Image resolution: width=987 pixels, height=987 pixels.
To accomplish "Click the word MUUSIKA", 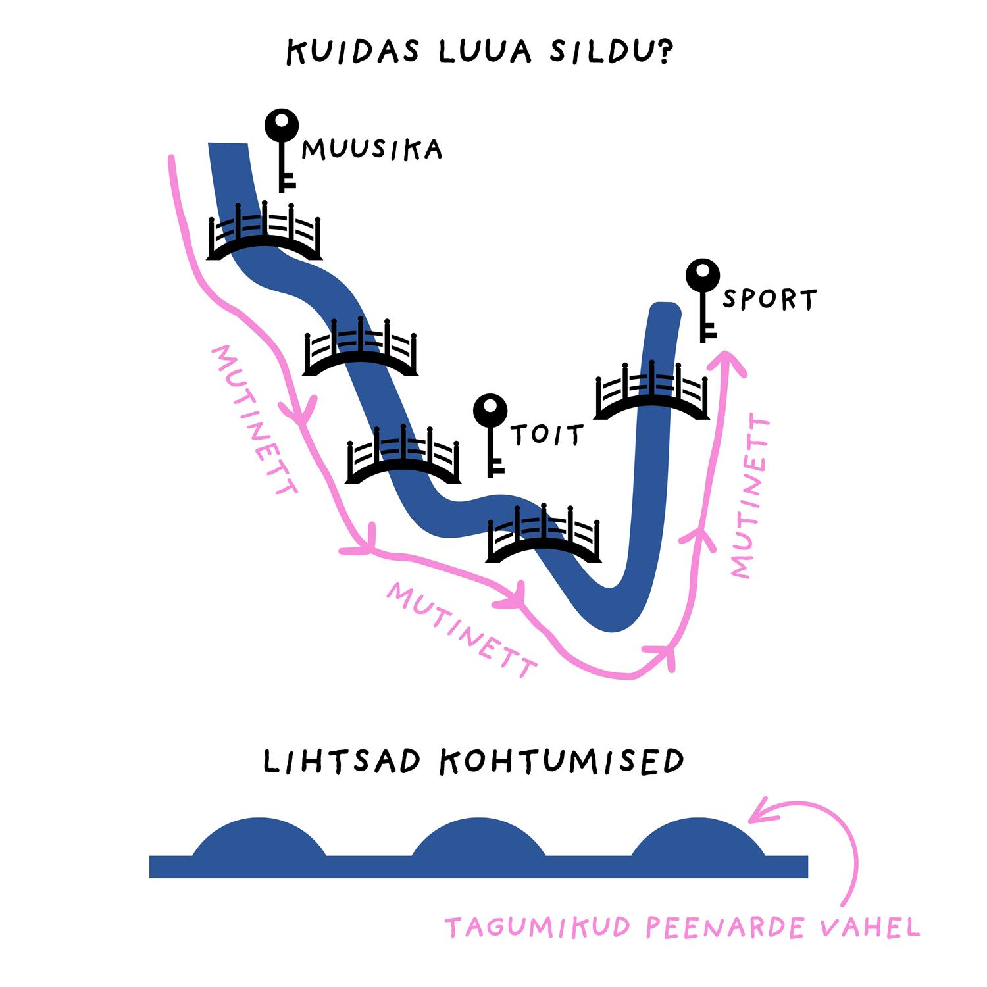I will (x=372, y=150).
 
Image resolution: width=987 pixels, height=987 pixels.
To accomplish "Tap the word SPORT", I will (x=769, y=299).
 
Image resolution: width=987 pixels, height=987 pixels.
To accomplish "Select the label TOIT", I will (x=547, y=435).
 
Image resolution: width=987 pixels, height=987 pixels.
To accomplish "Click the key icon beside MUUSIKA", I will (x=282, y=150).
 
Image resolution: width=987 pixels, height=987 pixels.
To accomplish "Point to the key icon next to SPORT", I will (x=703, y=299).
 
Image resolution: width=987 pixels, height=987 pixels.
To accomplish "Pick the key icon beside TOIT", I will (x=491, y=435).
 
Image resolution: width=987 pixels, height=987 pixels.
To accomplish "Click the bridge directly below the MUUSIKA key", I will (x=264, y=232).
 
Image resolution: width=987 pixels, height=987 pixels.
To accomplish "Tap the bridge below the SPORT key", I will (x=651, y=391).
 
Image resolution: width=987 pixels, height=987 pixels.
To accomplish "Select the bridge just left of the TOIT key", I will (x=403, y=456).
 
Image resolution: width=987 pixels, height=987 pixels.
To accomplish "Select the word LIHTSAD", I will (x=342, y=761).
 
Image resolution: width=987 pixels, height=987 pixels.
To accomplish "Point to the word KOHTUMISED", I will (x=561, y=761).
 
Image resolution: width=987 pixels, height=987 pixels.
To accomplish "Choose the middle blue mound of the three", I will (x=478, y=839).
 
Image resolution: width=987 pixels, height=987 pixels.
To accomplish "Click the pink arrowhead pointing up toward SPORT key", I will (x=726, y=361).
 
